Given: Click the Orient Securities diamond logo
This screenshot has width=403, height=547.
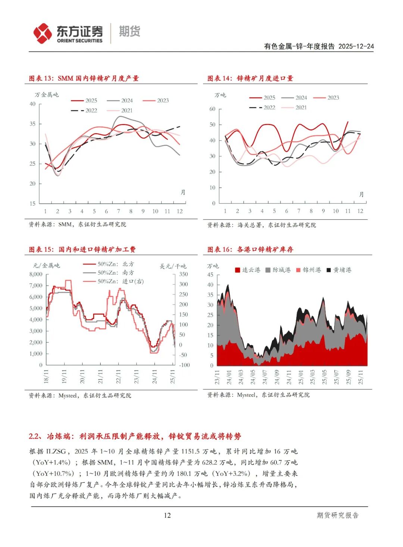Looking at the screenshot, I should point(43,33).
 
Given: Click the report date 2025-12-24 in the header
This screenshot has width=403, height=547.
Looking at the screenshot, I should point(356,46).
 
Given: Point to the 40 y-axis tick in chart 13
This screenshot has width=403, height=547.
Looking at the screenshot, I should point(32,104).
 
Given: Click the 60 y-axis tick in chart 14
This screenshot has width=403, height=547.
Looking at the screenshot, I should point(212,109).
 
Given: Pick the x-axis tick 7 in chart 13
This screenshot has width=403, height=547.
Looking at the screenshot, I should point(119,211).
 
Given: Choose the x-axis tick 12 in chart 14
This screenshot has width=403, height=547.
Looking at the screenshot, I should point(360,211).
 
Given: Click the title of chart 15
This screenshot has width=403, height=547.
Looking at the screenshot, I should point(82,249).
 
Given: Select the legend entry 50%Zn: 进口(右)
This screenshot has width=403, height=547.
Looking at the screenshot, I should point(120,281).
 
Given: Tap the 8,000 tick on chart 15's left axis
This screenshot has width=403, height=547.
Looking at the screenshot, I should point(36,274).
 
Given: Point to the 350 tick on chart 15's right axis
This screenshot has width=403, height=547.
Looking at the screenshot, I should point(183,274).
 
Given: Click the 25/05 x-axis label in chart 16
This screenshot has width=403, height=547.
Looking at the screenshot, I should point(324,377).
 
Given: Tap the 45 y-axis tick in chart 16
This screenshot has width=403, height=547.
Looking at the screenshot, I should point(210,275).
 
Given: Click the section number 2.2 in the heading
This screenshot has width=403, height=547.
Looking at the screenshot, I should point(34,436).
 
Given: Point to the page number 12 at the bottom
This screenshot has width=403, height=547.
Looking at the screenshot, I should point(167,515).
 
